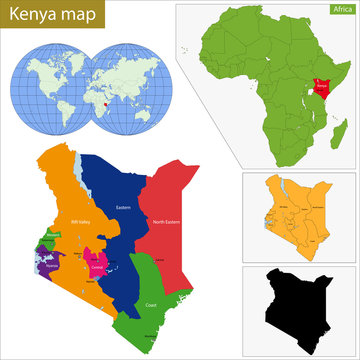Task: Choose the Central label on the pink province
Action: [96, 268]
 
